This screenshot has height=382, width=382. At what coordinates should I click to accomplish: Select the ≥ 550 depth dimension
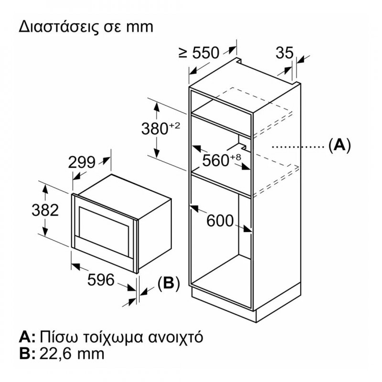tap(199, 53)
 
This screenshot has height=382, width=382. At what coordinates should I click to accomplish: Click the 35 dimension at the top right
tap(285, 53)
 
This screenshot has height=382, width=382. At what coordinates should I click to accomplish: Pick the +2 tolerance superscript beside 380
tap(174, 126)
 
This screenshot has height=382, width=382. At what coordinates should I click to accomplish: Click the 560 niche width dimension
tap(216, 160)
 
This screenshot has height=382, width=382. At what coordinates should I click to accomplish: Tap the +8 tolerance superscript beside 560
tap(235, 157)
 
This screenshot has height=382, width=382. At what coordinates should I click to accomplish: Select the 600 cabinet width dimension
tap(220, 221)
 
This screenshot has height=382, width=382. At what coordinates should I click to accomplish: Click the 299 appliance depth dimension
tap(82, 162)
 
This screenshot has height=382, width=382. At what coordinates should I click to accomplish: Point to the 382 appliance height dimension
tap(45, 210)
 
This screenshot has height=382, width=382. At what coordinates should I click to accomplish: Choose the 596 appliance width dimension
tap(101, 279)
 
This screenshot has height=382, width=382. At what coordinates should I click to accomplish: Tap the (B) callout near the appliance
tap(169, 283)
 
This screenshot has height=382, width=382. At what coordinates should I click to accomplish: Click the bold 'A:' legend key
tap(27, 337)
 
